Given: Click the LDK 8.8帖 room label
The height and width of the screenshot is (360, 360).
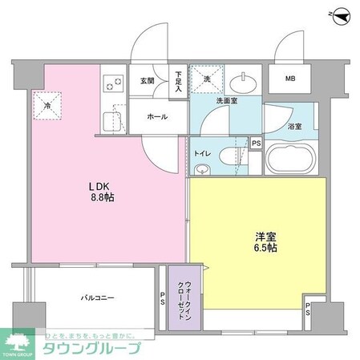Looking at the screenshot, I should [x=101, y=192].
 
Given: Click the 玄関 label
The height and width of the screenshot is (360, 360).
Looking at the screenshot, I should [x=147, y=80].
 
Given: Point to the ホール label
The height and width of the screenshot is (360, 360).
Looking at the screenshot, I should [x=156, y=117].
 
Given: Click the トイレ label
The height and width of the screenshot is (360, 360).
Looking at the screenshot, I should [x=204, y=151].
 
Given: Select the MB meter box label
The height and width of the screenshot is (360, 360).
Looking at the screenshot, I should [x=290, y=79].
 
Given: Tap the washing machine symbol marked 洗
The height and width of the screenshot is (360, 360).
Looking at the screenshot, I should [x=206, y=80].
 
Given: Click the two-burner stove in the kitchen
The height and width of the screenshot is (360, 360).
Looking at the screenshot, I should [x=111, y=83].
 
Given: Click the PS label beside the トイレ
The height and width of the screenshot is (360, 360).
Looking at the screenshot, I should [x=256, y=144].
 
